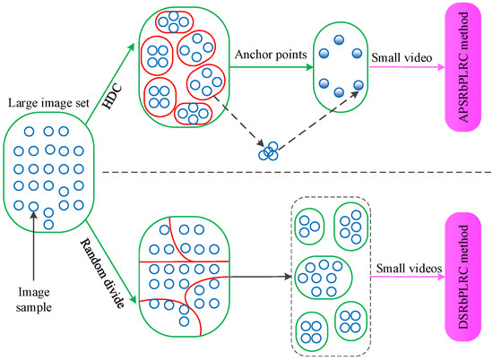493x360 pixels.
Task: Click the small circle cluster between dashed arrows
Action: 269,151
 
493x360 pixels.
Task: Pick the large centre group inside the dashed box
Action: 330,275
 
